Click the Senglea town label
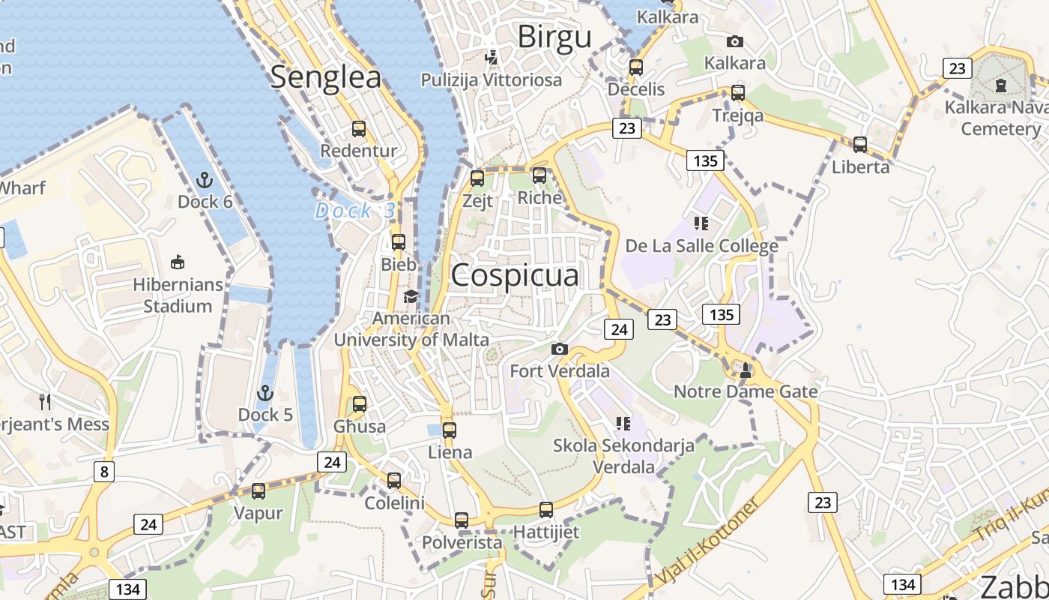(x=326, y=77)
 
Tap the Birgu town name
(x=554, y=36)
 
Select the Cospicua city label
(x=515, y=275)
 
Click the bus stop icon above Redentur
(x=359, y=128)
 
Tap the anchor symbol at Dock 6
(x=205, y=180)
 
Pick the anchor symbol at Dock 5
(x=264, y=393)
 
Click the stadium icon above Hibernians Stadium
(x=178, y=262)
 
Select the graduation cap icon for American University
(x=411, y=297)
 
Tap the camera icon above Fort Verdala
(x=559, y=349)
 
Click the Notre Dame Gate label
(x=746, y=391)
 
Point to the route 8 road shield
(x=104, y=472)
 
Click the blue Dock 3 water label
(x=354, y=211)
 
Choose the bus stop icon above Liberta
(x=860, y=144)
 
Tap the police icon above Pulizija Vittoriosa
(x=492, y=56)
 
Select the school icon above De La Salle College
(x=701, y=223)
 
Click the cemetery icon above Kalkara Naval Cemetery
(x=1001, y=85)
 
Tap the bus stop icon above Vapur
(x=259, y=491)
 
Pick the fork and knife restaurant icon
(x=45, y=402)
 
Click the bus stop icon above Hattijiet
(x=546, y=509)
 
